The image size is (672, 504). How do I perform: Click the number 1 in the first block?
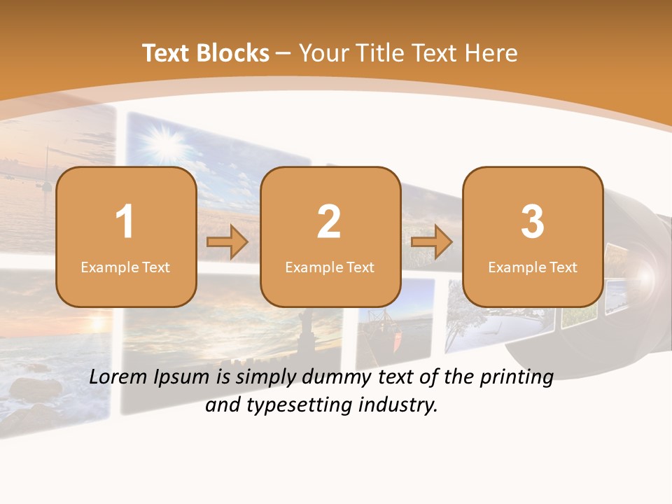pos(125,222)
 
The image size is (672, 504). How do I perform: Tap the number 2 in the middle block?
pos(329,222)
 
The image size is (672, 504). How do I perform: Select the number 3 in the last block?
pos(533,222)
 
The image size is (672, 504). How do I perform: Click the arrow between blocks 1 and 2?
pos(227,243)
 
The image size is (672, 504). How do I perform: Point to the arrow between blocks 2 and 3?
pos(432,243)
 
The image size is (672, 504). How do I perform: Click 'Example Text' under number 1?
pos(125,267)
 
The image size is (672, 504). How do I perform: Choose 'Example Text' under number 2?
pos(330,267)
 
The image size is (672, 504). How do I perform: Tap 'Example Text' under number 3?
pos(533,267)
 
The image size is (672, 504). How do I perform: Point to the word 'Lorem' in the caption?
pos(119,377)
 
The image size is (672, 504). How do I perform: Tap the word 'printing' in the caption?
pos(517,378)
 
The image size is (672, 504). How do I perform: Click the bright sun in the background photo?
pos(167,146)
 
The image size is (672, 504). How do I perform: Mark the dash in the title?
pos(284,54)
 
